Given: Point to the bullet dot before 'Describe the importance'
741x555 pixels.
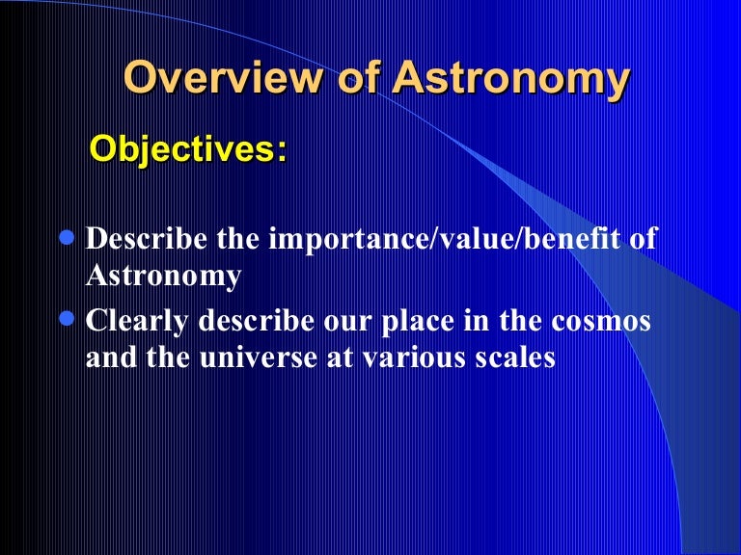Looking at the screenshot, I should (68, 237).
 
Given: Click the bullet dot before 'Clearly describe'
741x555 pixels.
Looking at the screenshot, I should (68, 316).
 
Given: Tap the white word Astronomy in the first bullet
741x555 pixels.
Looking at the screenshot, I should (163, 276).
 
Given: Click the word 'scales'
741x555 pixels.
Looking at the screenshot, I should (521, 357).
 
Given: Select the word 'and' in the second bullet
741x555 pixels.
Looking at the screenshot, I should (109, 357).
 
